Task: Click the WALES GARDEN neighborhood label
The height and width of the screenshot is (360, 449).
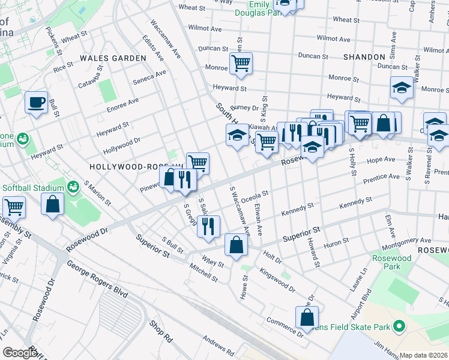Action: (x=113, y=58)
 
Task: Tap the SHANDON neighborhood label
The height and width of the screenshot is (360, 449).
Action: (x=364, y=56)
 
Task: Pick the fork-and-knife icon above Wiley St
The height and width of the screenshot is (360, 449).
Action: (x=208, y=226)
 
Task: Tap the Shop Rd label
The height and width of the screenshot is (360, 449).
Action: (x=161, y=331)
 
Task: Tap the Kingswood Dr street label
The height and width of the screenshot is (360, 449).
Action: (x=277, y=280)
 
